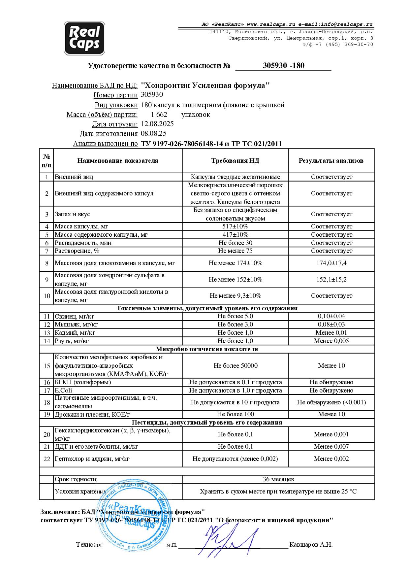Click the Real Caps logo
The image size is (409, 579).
coord(84,38)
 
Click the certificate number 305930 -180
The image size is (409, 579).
coord(283,65)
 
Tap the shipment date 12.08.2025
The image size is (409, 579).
coord(157,124)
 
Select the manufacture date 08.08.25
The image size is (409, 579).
coord(153,134)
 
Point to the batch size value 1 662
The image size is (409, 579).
coord(159,115)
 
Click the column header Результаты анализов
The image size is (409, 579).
coord(331,161)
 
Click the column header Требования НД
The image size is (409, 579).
coord(235,161)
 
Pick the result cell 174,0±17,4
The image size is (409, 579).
coord(331,263)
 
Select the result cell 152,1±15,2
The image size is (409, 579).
coord(331,280)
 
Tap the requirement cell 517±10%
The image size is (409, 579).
coord(235,226)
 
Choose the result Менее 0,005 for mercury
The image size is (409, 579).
coord(331,341)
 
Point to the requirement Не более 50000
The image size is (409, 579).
coord(235,366)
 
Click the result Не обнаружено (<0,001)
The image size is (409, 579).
coord(331,402)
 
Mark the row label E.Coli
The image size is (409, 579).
coord(63,391)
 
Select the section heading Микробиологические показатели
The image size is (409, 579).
coord(207,349)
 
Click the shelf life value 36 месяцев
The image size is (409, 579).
coord(278,479)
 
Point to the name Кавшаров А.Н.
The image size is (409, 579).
coord(311,545)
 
